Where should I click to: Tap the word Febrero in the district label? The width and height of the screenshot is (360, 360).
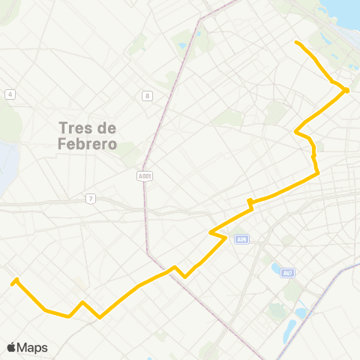(x=87, y=144)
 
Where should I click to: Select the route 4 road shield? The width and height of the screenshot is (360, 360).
(x=10, y=94)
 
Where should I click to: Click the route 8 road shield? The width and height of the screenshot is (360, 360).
(x=148, y=95)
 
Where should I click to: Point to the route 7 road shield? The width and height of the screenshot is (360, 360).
(x=91, y=198)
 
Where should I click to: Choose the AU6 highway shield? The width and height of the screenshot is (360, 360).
(x=241, y=239)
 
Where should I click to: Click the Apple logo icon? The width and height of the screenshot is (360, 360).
(x=11, y=347)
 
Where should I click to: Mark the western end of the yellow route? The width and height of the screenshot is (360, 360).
(x=12, y=283)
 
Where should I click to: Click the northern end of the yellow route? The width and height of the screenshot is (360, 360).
(x=297, y=42)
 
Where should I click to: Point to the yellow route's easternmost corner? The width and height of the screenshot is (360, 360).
(x=347, y=91)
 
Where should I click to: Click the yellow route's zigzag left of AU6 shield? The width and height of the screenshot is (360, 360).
(x=218, y=235)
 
